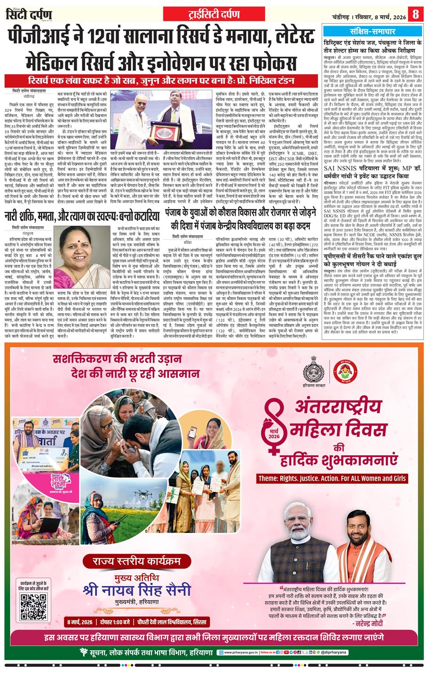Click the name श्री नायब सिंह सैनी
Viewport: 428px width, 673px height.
pyautogui.click(x=136, y=589)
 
